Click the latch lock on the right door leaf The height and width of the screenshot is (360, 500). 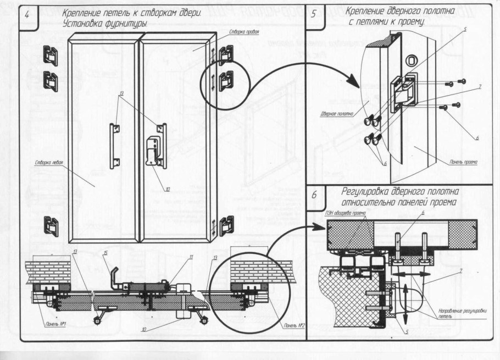click(x=152, y=150)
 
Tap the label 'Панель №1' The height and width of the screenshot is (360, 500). click(x=53, y=326)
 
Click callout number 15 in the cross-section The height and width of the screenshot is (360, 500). click(x=105, y=253)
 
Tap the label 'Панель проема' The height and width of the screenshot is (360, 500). click(x=463, y=163)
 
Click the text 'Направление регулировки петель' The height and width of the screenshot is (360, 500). click(x=454, y=314)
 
